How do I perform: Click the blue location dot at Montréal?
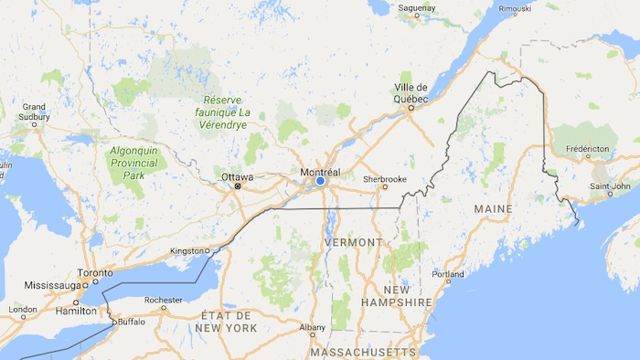tap(320, 182)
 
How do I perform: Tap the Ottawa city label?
tap(237, 176)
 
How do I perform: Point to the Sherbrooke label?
tap(384, 178)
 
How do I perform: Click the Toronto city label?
tap(94, 272)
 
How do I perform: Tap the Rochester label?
tap(164, 299)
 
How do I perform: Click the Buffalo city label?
tap(132, 322)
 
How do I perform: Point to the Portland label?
tap(448, 274)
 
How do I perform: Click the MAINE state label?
tap(493, 209)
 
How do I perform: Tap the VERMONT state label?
tap(353, 242)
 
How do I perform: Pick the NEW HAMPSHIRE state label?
tap(396, 295)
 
